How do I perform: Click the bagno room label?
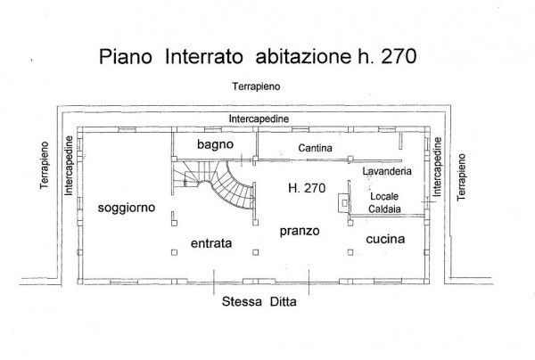coord(215,144)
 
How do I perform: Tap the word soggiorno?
coord(127,208)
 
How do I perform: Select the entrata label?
coord(211,243)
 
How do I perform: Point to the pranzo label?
coord(300,231)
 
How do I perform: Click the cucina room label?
coord(385,239)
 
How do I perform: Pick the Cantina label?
coord(315,148)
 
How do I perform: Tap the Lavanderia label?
coord(387,171)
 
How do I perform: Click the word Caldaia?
coord(384,209)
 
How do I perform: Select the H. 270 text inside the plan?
coord(307,188)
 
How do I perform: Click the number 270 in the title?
coord(399,56)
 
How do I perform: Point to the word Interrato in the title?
coord(204,56)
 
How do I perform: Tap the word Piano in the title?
coord(126,56)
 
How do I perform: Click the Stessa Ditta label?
coord(259,302)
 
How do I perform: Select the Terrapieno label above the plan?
coord(256,86)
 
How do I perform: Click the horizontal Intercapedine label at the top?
coord(259,119)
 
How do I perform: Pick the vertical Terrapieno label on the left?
coord(45,166)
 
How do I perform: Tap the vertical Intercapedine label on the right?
coord(437,167)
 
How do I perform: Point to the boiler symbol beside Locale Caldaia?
coord(344,203)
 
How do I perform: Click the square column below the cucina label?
coord(350,252)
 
